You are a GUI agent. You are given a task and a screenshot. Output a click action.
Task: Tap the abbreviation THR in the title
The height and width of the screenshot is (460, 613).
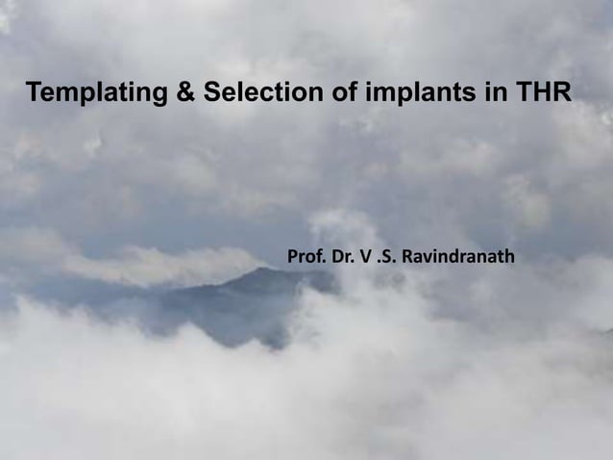pyautogui.click(x=541, y=94)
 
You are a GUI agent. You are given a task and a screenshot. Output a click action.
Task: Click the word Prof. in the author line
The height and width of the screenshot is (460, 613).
pyautogui.click(x=306, y=258)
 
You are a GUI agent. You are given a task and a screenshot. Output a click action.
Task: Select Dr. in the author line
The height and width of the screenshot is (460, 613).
pyautogui.click(x=346, y=258)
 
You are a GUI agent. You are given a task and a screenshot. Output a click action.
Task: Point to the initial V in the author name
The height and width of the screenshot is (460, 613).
pyautogui.click(x=370, y=258)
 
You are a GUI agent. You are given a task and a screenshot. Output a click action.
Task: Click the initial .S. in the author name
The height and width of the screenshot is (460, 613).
pyautogui.click(x=389, y=258)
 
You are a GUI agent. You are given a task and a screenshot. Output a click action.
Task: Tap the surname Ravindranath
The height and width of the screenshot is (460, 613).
pyautogui.click(x=459, y=258)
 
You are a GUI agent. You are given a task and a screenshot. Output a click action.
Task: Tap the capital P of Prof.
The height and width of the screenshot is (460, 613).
pyautogui.click(x=293, y=258)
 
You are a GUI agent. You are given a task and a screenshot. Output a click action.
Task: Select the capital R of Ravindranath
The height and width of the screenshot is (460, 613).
pyautogui.click(x=409, y=258)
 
